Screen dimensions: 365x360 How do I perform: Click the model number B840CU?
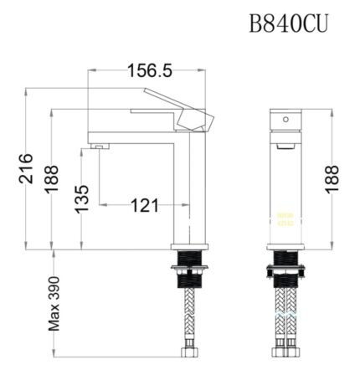pyautogui.click(x=288, y=23)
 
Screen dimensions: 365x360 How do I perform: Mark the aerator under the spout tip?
pyautogui.click(x=98, y=147)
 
